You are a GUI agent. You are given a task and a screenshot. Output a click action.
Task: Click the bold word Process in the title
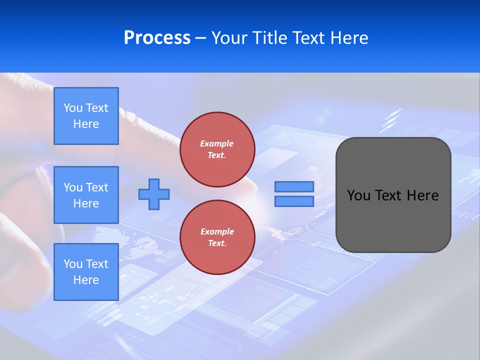(x=157, y=38)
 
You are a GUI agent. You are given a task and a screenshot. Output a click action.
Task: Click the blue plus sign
(x=154, y=194)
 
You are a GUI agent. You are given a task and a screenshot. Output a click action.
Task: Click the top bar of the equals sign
(x=294, y=187)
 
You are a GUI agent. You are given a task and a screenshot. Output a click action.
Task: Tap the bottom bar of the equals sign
(x=294, y=201)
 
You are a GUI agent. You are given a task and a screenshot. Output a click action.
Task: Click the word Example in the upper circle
(x=217, y=143)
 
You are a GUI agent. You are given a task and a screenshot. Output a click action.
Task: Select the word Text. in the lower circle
(x=217, y=243)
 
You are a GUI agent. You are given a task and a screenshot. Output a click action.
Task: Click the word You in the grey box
(x=358, y=195)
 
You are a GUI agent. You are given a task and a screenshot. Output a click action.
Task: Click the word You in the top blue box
(x=72, y=108)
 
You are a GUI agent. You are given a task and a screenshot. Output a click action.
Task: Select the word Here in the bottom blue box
(x=86, y=280)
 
